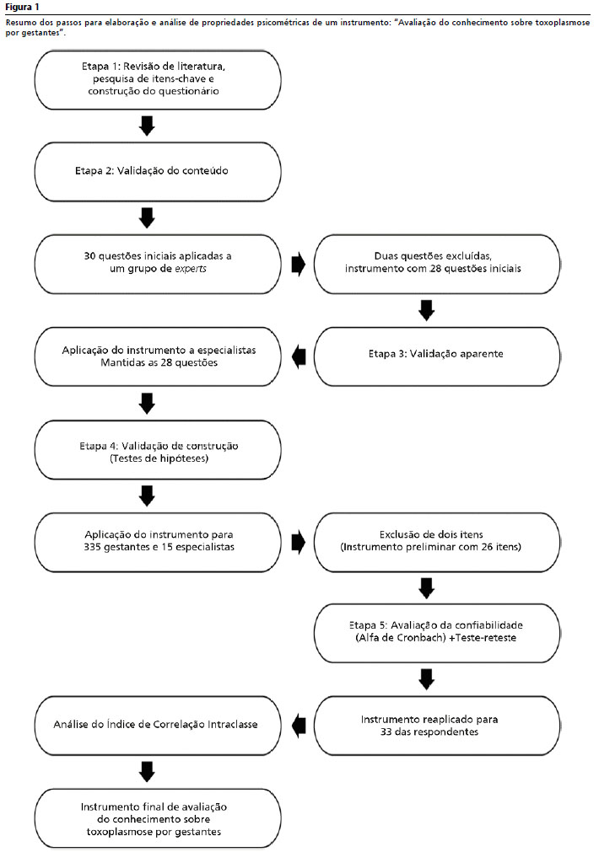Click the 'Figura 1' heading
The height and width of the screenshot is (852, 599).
click(x=22, y=7)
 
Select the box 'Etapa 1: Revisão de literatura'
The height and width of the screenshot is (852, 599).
click(x=158, y=80)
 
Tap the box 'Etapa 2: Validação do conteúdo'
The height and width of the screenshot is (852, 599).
click(x=158, y=172)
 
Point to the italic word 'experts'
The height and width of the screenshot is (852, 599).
click(x=191, y=269)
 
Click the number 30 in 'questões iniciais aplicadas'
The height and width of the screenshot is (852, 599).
click(x=89, y=256)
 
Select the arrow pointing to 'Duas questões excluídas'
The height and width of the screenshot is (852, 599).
click(x=299, y=265)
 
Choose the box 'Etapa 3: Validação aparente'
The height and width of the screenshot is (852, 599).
click(x=437, y=356)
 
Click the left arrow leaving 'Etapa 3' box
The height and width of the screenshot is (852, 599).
click(x=299, y=357)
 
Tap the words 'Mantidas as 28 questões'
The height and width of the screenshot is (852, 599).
click(x=159, y=363)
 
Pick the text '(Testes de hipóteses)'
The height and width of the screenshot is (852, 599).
click(x=159, y=458)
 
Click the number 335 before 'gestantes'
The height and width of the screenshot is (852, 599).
click(x=94, y=547)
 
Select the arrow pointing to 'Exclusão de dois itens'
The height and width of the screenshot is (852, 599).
click(x=299, y=542)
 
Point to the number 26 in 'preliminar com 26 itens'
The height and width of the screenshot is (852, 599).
click(x=487, y=547)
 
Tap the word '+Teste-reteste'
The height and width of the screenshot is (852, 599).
click(x=483, y=638)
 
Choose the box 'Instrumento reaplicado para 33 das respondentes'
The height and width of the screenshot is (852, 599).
click(x=437, y=726)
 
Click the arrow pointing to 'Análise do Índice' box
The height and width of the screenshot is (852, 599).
click(x=299, y=726)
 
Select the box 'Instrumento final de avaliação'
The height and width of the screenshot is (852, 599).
click(x=158, y=818)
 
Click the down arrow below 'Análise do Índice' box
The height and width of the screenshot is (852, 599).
click(x=147, y=772)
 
